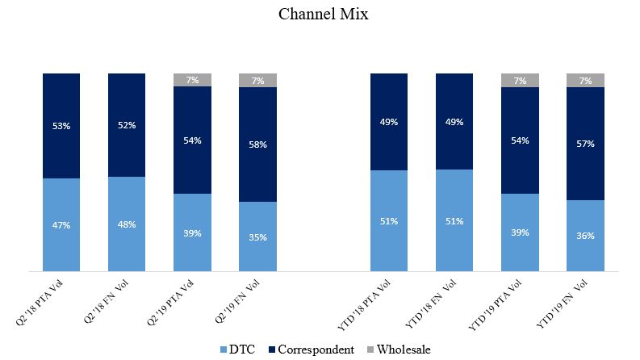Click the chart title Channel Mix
[323, 15]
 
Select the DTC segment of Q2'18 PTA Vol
[61, 225]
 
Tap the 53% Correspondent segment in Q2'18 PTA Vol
[61, 126]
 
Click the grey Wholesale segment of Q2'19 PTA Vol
[192, 80]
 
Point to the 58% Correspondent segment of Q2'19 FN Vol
[257, 144]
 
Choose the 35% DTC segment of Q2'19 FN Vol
[257, 237]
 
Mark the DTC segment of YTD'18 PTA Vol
[389, 221]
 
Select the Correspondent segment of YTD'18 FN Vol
[454, 121]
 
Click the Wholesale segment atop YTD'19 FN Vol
[585, 80]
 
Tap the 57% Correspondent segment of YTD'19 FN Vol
[585, 143]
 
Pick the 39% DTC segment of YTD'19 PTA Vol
[520, 232]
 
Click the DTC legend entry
[239, 350]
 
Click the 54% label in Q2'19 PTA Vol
[192, 140]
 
